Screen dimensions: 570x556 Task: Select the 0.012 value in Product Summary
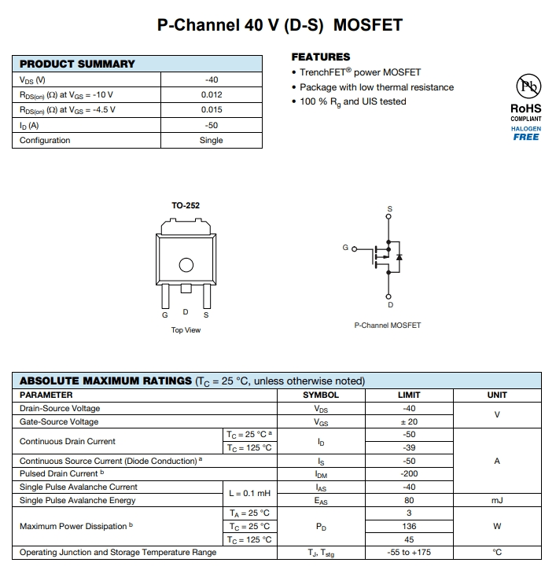[212, 95]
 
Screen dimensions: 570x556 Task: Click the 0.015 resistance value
[212, 110]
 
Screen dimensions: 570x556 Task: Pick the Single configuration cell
[212, 141]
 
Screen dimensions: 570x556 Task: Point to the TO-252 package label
[186, 206]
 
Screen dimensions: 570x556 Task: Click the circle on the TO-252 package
[186, 265]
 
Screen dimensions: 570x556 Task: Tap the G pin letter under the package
[165, 315]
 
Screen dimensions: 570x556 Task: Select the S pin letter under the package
[206, 315]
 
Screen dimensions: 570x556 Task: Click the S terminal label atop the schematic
[389, 209]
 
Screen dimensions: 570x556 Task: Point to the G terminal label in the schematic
[345, 248]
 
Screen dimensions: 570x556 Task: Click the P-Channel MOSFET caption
[388, 325]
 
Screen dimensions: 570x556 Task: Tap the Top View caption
[186, 330]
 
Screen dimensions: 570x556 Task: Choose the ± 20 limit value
[409, 422]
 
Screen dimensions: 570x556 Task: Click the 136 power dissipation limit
[409, 527]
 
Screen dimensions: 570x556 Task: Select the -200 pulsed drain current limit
[409, 474]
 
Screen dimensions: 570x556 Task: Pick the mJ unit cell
[497, 501]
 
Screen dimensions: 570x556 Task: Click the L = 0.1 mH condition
[249, 494]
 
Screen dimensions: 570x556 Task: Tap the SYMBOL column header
[321, 395]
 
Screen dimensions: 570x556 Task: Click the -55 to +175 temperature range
[409, 553]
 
